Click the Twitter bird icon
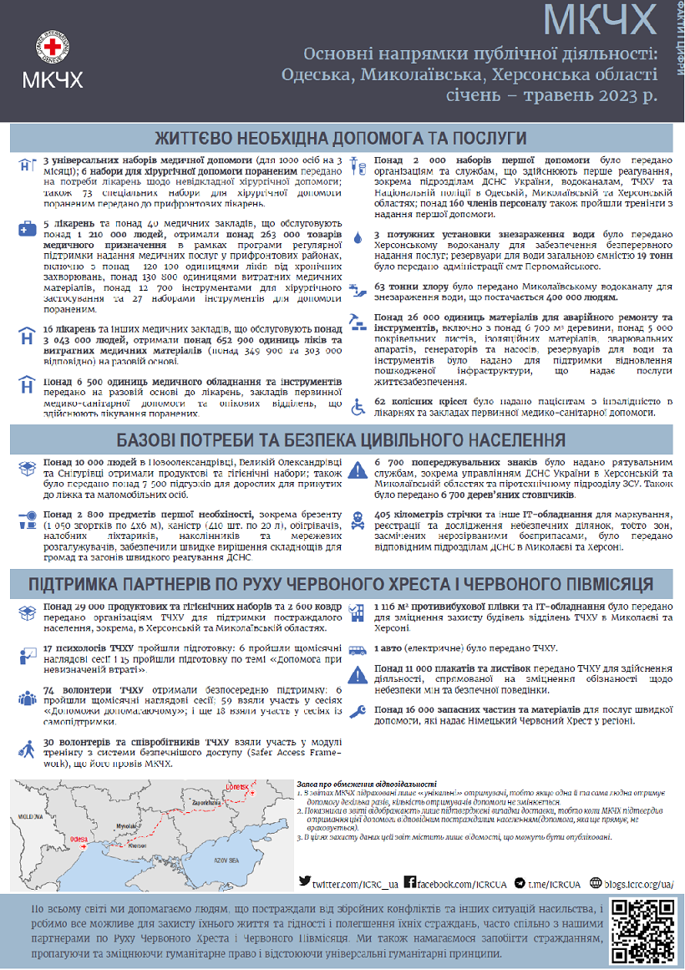305,882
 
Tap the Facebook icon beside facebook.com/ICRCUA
410,882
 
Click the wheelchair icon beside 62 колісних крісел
358,407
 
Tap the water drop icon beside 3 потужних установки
358,239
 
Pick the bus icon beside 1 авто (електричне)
358,648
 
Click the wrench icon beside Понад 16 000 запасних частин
358,711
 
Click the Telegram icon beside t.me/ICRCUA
520,882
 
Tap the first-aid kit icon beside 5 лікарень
26,227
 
